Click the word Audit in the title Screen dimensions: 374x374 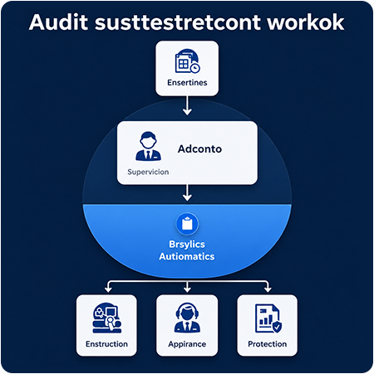pos(59,22)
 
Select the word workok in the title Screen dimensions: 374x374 pos(306,22)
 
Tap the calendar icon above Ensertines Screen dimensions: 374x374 pos(187,61)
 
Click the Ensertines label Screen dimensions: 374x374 pos(187,82)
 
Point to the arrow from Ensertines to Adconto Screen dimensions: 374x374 pos(187,105)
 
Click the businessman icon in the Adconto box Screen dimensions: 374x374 pos(148,146)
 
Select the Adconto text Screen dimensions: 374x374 pos(199,149)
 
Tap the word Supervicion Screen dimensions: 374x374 pos(148,172)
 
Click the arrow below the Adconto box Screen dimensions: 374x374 pos(187,192)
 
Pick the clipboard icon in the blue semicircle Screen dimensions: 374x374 pos(187,224)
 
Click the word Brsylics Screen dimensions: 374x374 pos(187,245)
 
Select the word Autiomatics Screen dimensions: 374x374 pos(187,256)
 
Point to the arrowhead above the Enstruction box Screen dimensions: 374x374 pos(108,289)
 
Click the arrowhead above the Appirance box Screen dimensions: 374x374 pos(187,289)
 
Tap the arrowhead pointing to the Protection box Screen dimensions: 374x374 pos(268,289)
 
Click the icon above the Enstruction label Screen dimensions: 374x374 pos(107,317)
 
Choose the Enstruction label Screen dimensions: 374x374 pos(106,344)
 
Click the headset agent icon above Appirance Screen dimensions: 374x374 pos(187,318)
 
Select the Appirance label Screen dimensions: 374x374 pos(187,344)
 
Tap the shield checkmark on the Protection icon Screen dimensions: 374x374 pos(277,327)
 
